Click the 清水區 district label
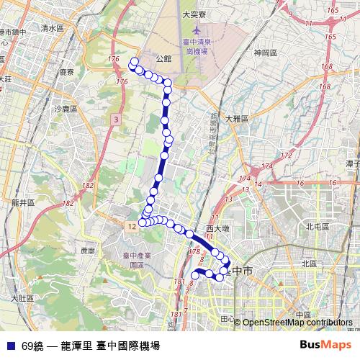(x=53, y=28)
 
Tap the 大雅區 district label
(x=236, y=119)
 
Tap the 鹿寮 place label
(x=67, y=73)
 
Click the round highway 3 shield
(x=115, y=119)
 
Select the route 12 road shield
(x=130, y=227)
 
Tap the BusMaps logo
(x=326, y=345)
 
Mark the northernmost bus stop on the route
(x=133, y=61)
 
